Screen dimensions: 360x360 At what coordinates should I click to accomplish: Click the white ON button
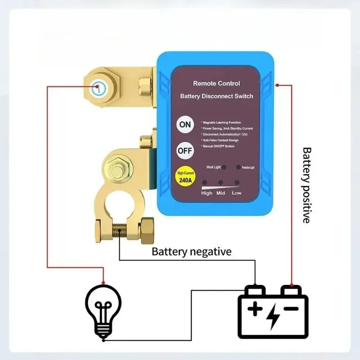click(185, 125)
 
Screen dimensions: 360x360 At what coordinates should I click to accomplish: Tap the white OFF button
click(185, 151)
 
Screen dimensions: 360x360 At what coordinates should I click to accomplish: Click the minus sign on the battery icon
click(292, 309)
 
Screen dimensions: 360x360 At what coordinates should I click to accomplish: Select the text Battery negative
click(192, 251)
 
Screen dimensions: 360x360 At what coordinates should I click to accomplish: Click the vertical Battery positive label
click(306, 184)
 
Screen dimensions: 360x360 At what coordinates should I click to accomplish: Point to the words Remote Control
click(216, 83)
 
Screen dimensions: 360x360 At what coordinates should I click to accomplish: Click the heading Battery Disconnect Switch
click(216, 96)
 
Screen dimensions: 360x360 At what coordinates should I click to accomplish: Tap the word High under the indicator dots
click(207, 193)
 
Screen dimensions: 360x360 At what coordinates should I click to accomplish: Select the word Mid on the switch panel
click(220, 193)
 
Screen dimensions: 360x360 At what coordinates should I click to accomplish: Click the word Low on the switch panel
click(237, 193)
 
